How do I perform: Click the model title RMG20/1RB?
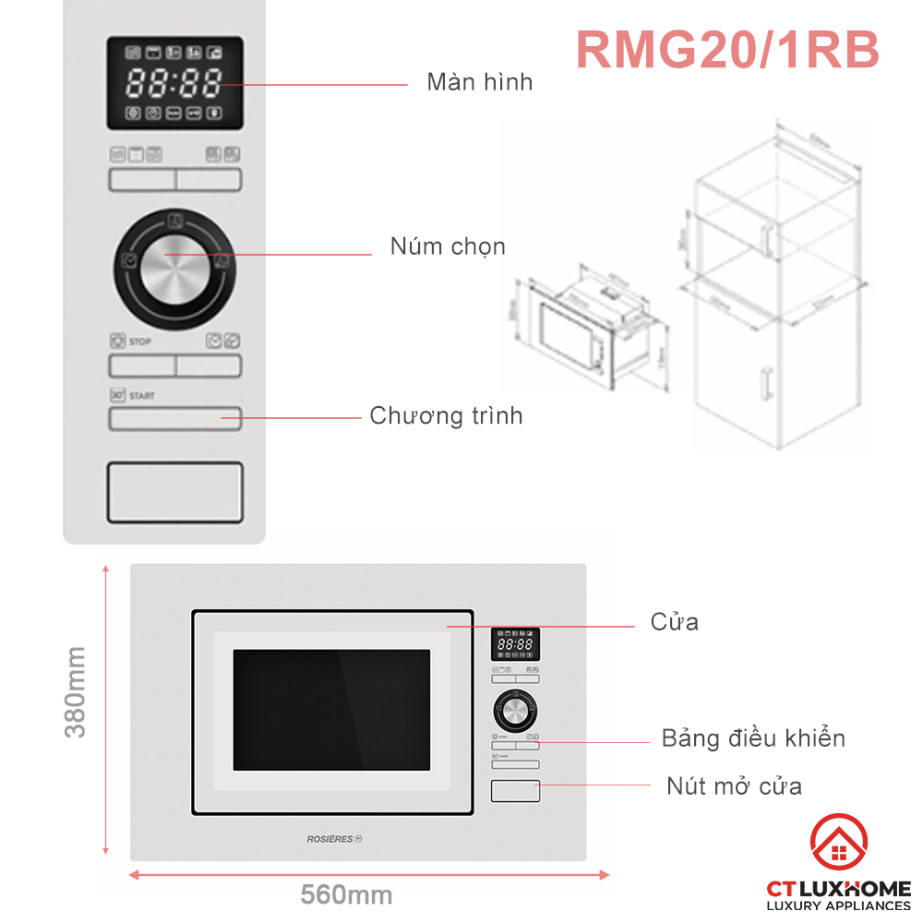[727, 49]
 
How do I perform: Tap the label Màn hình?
[479, 81]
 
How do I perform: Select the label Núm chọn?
[448, 246]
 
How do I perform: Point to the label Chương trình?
[446, 415]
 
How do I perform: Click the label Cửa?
[675, 621]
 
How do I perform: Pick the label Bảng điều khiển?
[753, 738]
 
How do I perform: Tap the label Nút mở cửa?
[734, 786]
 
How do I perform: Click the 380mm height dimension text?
[75, 691]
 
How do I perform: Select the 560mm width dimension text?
[346, 895]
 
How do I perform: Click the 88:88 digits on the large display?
[174, 84]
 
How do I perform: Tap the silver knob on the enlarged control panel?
[175, 260]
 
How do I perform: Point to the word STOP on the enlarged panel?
[140, 342]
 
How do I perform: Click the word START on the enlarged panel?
[142, 396]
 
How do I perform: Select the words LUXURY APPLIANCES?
[839, 905]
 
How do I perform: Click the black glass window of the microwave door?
[331, 709]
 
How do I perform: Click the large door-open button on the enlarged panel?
[175, 492]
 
